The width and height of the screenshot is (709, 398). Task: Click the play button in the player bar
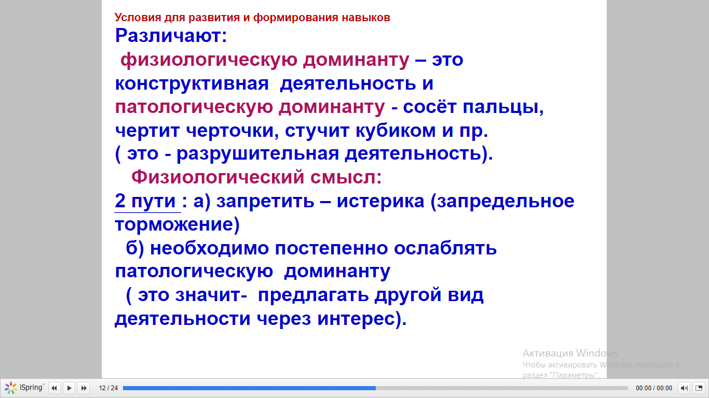(69, 388)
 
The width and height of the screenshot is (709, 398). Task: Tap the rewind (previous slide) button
(54, 388)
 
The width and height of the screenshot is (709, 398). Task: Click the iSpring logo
(24, 388)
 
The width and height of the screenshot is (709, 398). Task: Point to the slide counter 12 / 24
(108, 388)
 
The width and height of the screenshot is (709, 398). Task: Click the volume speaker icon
(684, 388)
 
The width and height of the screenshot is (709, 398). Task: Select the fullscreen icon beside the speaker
(699, 388)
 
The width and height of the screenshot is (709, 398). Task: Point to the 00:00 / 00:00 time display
(654, 388)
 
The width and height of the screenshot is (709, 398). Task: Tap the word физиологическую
(209, 60)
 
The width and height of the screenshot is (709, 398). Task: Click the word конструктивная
(192, 84)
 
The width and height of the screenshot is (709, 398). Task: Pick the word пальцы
(503, 107)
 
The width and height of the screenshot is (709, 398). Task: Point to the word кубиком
(396, 130)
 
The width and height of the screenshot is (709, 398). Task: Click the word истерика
(380, 202)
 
